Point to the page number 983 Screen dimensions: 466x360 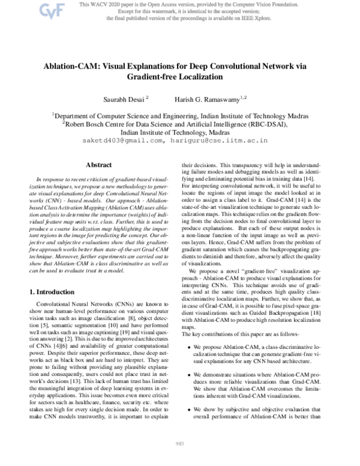click(179, 444)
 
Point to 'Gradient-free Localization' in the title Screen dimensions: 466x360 click(179, 77)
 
